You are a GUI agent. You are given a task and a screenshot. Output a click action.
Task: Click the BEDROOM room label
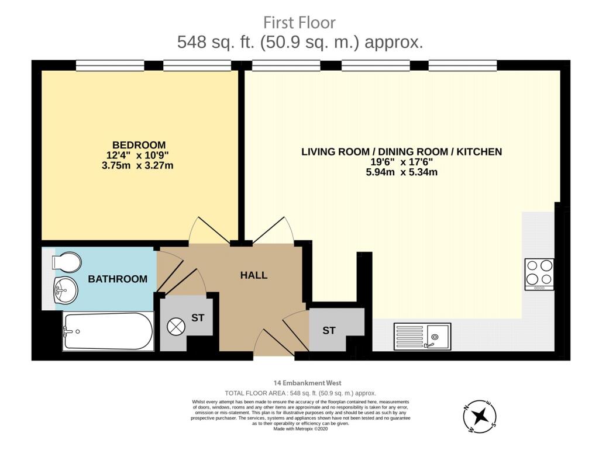[139, 145]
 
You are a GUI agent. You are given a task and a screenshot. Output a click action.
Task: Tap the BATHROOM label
[118, 279]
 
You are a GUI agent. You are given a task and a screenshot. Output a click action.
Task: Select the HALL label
[254, 275]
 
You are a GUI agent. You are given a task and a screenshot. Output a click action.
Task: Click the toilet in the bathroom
[67, 262]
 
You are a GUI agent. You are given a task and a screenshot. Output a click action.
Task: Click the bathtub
[108, 331]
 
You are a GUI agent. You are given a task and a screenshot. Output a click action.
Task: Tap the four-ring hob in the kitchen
[539, 274]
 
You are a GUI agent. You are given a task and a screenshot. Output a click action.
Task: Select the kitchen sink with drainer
[422, 337]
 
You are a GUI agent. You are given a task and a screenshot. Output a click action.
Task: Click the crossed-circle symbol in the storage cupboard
[176, 327]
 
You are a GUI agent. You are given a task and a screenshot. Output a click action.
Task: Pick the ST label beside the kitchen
[329, 330]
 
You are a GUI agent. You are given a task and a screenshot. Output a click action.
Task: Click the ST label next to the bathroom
[198, 318]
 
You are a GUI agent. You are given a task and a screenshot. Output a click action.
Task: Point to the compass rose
[480, 416]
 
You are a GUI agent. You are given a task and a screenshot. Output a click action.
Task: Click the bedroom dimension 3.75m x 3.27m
[137, 165]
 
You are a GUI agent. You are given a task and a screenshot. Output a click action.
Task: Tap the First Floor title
[299, 23]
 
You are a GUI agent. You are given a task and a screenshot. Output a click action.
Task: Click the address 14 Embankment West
[308, 383]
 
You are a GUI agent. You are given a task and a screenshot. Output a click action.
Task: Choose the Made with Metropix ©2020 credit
[301, 429]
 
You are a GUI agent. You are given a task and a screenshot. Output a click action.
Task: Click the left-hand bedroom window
[110, 65]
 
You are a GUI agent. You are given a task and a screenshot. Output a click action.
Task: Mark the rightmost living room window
[463, 65]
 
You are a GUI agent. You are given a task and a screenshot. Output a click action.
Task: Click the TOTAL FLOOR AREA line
[300, 393]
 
